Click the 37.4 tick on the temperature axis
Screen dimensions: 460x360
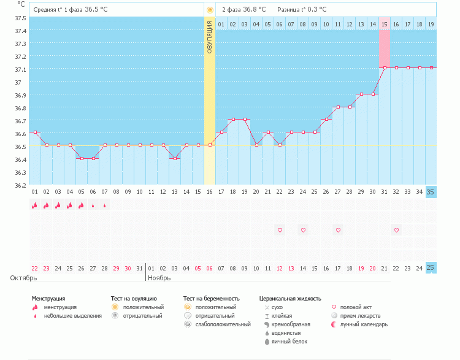20,31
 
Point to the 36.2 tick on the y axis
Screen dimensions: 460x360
20,185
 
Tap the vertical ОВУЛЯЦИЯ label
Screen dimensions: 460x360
210,37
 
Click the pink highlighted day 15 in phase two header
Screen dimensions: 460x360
385,25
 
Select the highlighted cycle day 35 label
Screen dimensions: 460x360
431,192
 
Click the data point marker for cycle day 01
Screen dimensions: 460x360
35,132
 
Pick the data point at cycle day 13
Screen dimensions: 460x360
175,158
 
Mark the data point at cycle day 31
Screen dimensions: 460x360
385,68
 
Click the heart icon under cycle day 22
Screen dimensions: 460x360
280,231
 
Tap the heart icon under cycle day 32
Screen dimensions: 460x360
396,231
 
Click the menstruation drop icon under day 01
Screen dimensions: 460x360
34,205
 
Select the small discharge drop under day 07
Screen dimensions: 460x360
105,205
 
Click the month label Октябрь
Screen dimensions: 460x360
23,278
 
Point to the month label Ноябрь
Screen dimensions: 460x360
159,278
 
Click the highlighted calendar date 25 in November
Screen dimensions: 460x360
431,267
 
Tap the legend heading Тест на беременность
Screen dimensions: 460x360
211,299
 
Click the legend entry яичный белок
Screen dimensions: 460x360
289,342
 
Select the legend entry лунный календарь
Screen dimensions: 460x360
364,324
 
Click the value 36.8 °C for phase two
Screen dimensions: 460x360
254,9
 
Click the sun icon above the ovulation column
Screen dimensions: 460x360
210,10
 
